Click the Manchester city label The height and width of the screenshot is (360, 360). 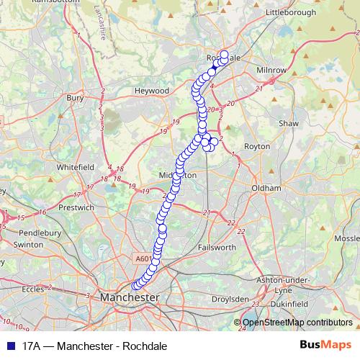pyautogui.click(x=130, y=297)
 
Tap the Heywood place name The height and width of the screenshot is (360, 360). pyautogui.click(x=151, y=91)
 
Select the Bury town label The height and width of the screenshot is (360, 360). pyautogui.click(x=75, y=96)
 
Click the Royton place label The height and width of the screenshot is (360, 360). pyautogui.click(x=256, y=145)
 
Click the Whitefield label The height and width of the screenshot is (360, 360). pyautogui.click(x=76, y=166)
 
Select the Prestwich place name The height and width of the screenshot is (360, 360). pyautogui.click(x=76, y=207)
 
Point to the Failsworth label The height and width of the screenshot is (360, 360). pyautogui.click(x=215, y=247)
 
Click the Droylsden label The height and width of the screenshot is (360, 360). pyautogui.click(x=230, y=298)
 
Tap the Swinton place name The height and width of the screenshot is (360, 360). pyautogui.click(x=29, y=245)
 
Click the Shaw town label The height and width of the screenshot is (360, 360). pyautogui.click(x=288, y=124)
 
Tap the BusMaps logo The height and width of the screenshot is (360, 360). pyautogui.click(x=325, y=346)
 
